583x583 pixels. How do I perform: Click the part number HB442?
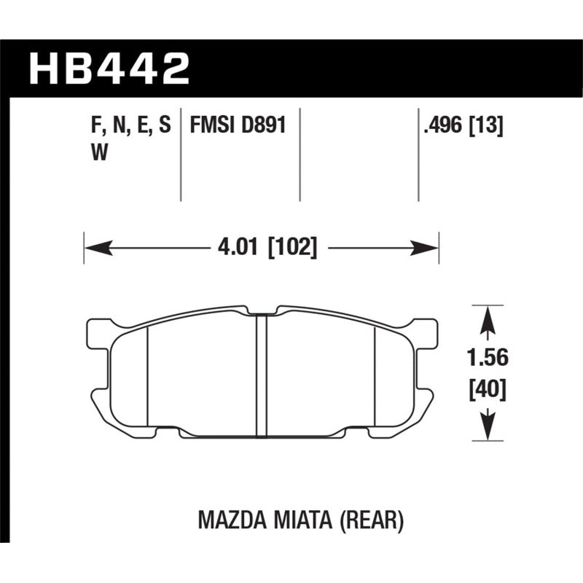(109, 68)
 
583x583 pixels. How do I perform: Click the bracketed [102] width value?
(292, 249)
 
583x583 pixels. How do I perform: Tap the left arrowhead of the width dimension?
(98, 249)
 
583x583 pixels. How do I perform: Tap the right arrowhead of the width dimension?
(426, 249)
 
